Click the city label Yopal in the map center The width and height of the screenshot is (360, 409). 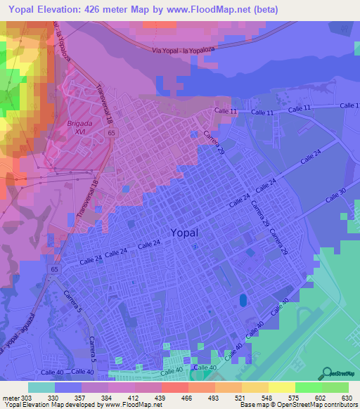point(184,233)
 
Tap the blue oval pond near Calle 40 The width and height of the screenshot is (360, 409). point(243,300)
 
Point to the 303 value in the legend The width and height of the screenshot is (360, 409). point(27,397)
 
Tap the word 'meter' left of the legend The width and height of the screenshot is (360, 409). point(9,397)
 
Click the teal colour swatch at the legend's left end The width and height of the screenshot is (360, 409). point(41,387)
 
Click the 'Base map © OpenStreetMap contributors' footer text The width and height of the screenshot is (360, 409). point(298,405)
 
